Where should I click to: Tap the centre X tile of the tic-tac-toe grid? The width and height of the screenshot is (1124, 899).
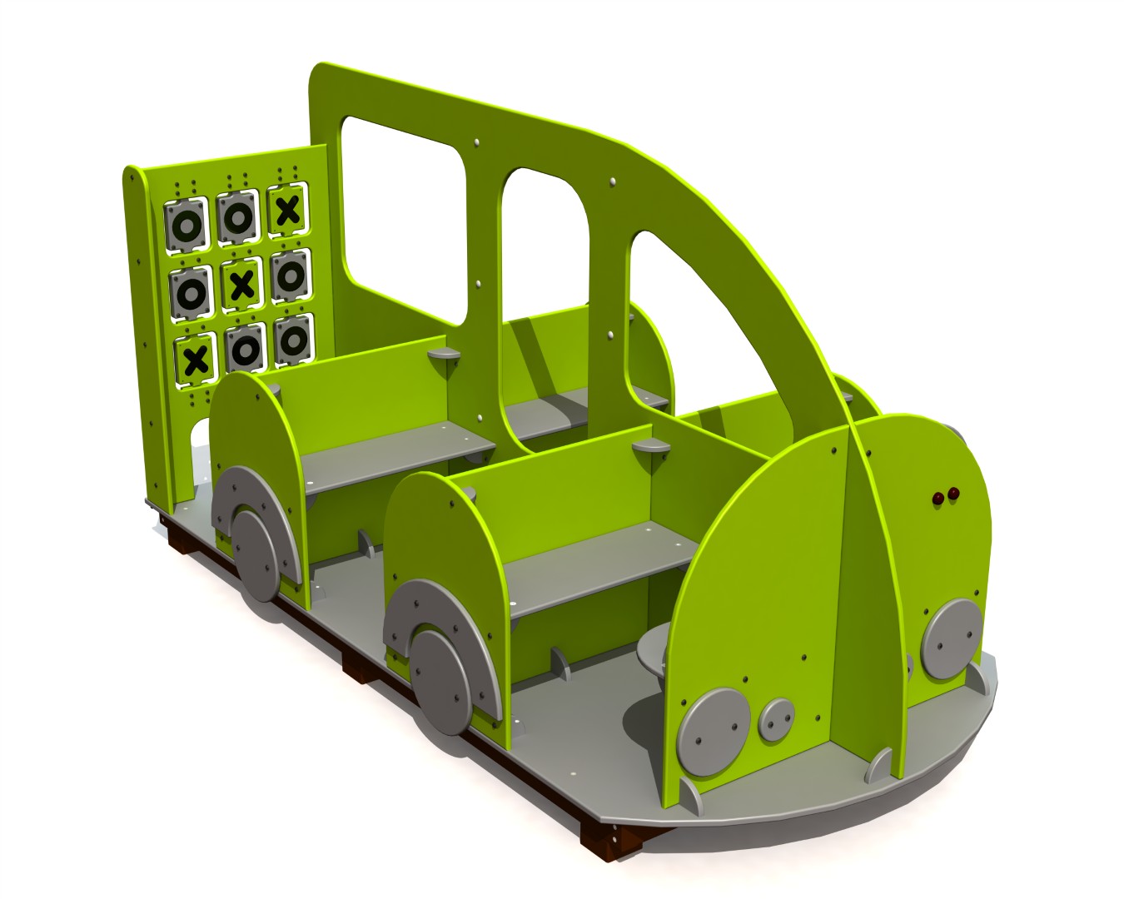pyautogui.click(x=241, y=285)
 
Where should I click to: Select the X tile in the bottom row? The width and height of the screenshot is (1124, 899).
pyautogui.click(x=196, y=360)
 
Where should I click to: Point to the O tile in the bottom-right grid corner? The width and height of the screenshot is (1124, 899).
pyautogui.click(x=292, y=340)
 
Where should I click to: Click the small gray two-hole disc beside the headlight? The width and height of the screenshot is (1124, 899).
pyautogui.click(x=778, y=718)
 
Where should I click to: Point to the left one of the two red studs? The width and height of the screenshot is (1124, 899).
pyautogui.click(x=937, y=497)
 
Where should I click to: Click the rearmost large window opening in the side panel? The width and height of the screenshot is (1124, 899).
pyautogui.click(x=404, y=218)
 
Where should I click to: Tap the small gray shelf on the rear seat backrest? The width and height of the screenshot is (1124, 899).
pyautogui.click(x=445, y=355)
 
